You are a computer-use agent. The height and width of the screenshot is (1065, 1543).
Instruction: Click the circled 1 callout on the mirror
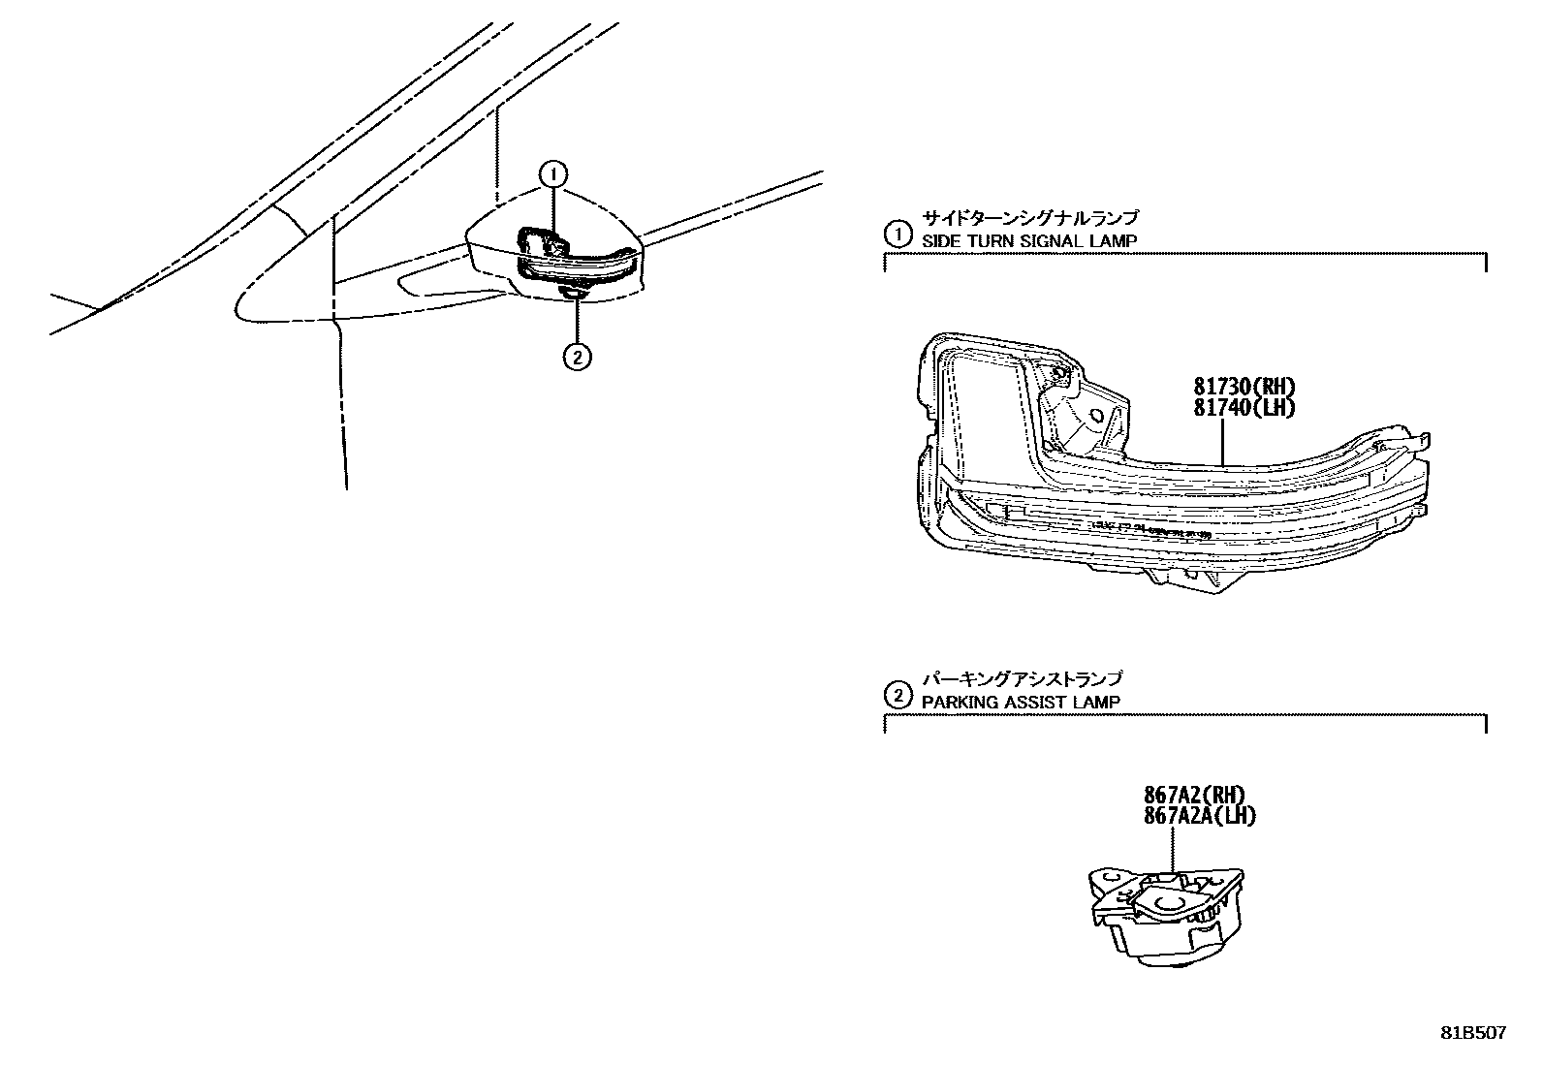[x=552, y=174]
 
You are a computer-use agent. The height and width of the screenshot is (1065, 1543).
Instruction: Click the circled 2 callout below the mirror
[x=577, y=358]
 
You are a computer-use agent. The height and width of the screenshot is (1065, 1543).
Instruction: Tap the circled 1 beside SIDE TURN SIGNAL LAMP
[x=898, y=234]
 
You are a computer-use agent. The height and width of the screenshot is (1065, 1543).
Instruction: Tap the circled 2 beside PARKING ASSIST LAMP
[x=898, y=695]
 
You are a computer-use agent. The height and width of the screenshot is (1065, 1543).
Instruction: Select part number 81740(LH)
[x=1244, y=408]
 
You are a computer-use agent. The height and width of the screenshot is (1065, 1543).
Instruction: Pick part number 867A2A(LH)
[x=1199, y=816]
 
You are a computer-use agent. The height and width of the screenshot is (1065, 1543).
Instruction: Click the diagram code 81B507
[x=1472, y=1033]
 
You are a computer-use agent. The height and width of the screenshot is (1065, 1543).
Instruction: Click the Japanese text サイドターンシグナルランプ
[x=1030, y=218]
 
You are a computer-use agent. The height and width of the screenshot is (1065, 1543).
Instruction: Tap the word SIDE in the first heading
[x=936, y=240]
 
